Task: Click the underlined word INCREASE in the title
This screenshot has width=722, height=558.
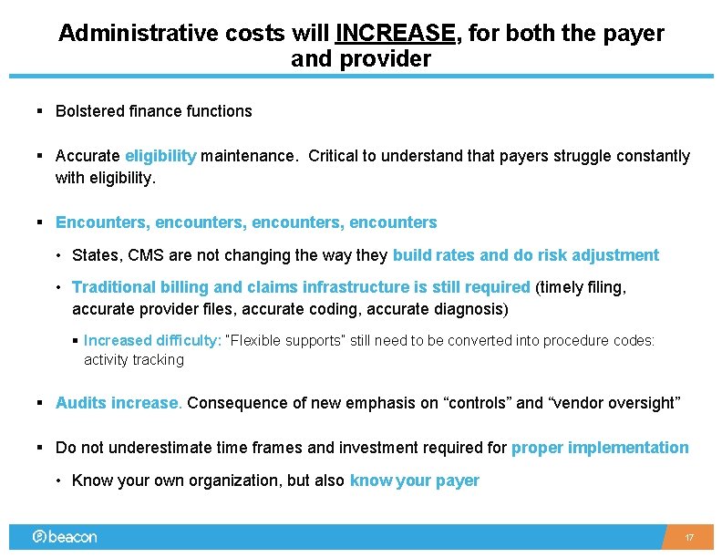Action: (x=396, y=34)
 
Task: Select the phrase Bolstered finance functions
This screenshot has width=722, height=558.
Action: (x=153, y=111)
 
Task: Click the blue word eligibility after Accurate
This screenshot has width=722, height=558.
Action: (x=160, y=156)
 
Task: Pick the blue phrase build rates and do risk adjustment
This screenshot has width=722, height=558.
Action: (x=525, y=255)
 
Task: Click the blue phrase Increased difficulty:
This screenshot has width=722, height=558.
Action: (x=152, y=340)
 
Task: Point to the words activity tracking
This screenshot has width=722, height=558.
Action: (x=134, y=359)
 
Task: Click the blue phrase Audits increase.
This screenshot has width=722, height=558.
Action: (x=119, y=403)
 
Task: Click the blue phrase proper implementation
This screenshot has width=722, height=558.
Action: (x=600, y=448)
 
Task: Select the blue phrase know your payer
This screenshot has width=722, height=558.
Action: (x=414, y=480)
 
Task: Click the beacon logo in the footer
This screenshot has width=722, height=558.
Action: (x=64, y=537)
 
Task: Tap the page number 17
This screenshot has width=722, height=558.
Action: (x=689, y=538)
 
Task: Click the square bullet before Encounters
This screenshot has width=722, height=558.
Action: (x=40, y=222)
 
